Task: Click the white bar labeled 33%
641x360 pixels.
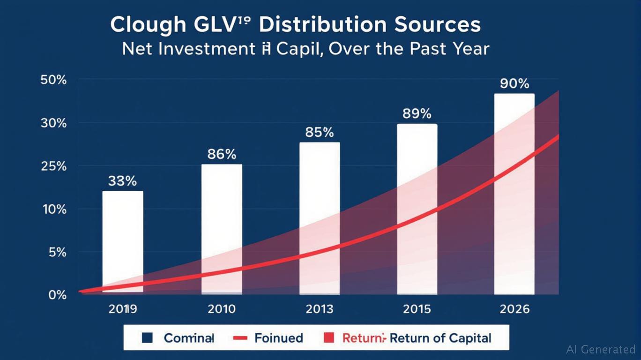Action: click(123, 241)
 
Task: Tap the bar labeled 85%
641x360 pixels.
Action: click(319, 218)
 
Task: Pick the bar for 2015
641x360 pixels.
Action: click(417, 209)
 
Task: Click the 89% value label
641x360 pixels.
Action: click(417, 114)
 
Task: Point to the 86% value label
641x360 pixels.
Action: click(222, 154)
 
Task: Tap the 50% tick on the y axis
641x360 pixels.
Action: click(54, 80)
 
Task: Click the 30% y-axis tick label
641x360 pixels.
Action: click(54, 123)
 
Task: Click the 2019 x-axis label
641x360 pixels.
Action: click(122, 309)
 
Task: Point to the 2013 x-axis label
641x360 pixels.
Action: click(319, 309)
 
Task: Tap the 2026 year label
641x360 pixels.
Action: click(514, 309)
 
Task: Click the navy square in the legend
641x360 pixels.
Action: click(148, 337)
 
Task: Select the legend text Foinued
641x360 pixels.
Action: click(278, 338)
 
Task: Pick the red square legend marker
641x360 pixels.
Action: click(329, 337)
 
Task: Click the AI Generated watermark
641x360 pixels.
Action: click(601, 349)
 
